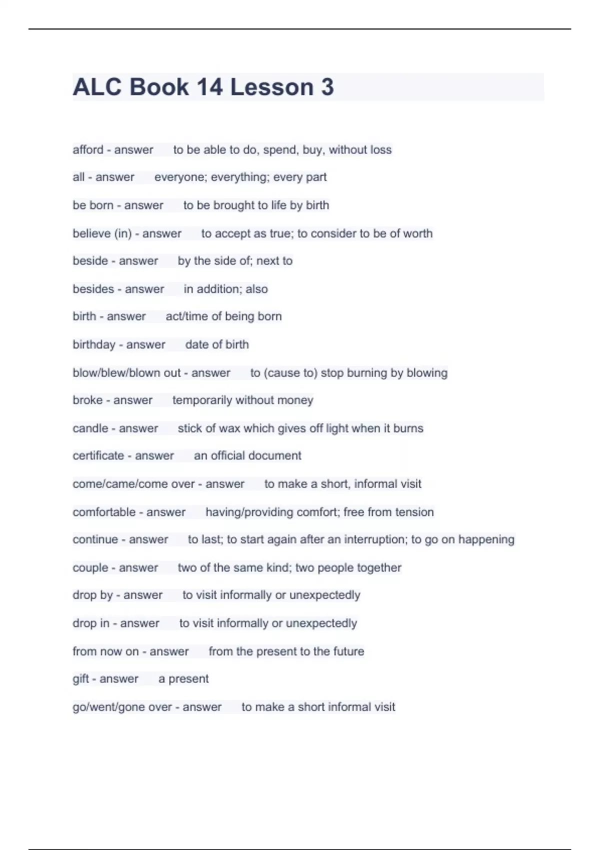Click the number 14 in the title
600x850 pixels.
click(209, 87)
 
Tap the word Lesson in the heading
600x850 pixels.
click(271, 87)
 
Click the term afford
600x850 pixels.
click(88, 149)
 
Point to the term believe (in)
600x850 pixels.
click(102, 233)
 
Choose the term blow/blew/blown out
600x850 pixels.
click(126, 372)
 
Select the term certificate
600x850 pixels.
click(98, 455)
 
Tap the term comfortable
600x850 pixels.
click(104, 512)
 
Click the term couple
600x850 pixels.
click(90, 567)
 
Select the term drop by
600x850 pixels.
click(92, 595)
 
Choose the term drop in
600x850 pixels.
click(91, 623)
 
